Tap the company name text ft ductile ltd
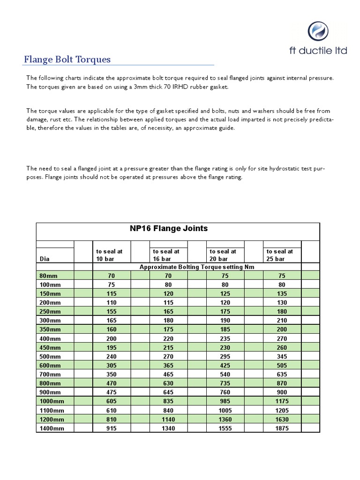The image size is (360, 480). pyautogui.click(x=318, y=50)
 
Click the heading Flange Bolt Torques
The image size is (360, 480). pyautogui.click(x=67, y=60)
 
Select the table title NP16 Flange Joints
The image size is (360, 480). pyautogui.click(x=168, y=229)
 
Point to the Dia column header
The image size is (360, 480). pyautogui.click(x=45, y=259)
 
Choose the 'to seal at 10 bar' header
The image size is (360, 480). pyautogui.click(x=109, y=255)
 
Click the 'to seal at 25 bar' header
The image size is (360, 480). pyautogui.click(x=280, y=255)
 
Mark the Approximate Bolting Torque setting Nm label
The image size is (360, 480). pyautogui.click(x=196, y=267)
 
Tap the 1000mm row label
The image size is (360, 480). pyautogui.click(x=52, y=402)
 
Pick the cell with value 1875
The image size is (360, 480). pyautogui.click(x=282, y=428)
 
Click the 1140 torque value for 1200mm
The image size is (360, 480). pyautogui.click(x=168, y=420)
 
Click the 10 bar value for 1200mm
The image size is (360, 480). pyautogui.click(x=112, y=420)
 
